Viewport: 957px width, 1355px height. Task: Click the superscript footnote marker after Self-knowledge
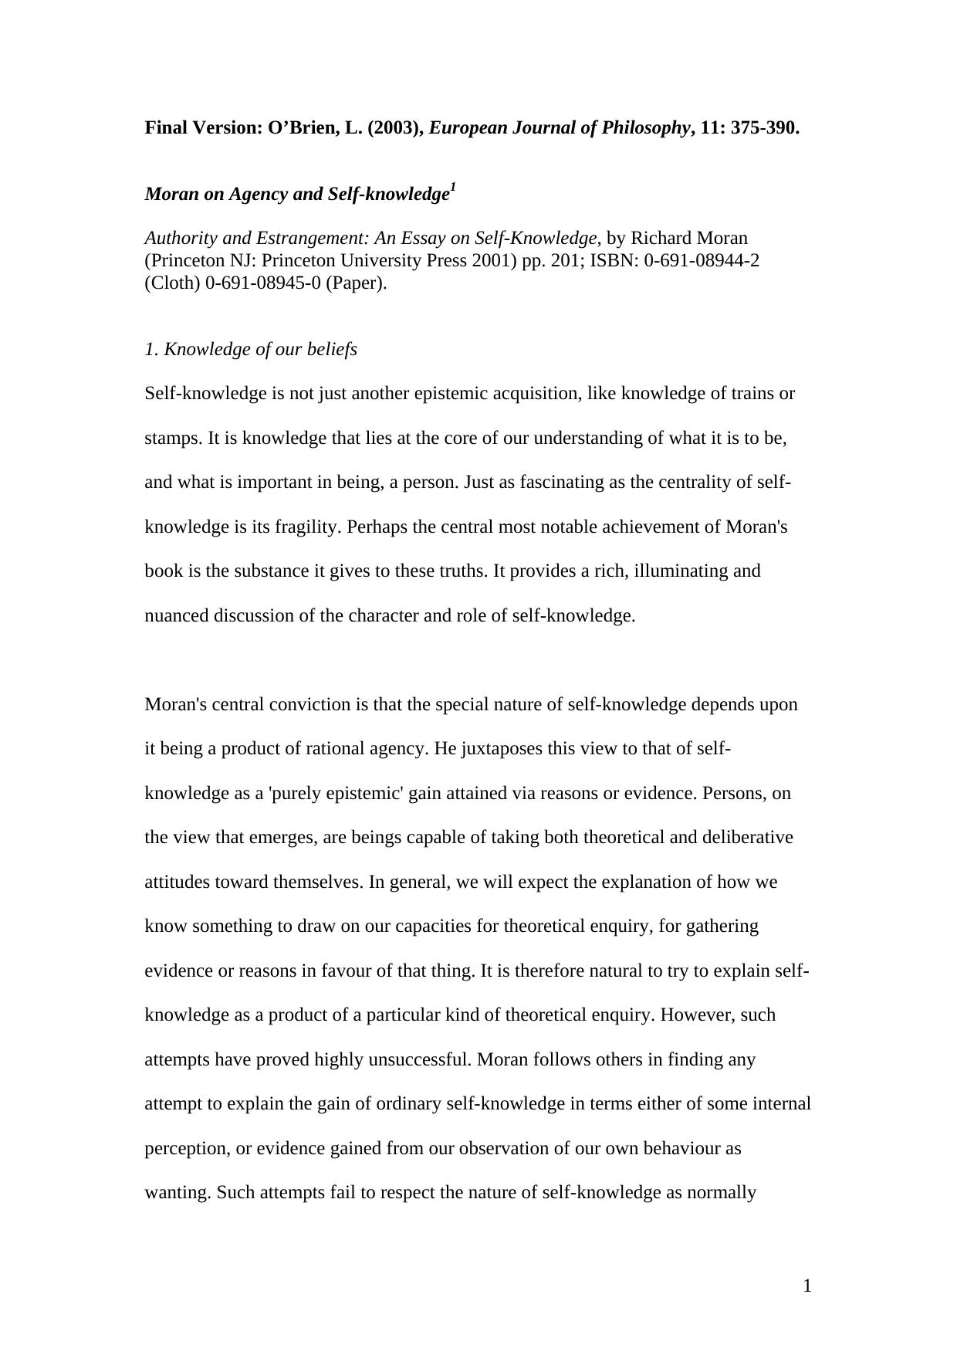coord(453,188)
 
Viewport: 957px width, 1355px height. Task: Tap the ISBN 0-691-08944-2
coord(702,260)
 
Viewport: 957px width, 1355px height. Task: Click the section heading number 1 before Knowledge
coord(150,350)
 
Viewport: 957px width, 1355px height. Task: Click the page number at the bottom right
coord(807,1286)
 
